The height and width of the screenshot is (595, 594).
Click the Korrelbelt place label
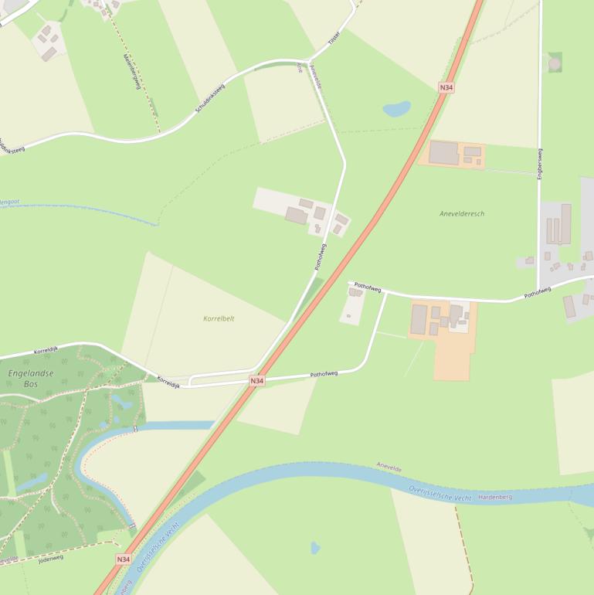[219, 318]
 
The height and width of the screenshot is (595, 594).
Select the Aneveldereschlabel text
[462, 213]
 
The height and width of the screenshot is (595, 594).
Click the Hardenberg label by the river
[495, 497]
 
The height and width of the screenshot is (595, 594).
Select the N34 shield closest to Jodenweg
[124, 559]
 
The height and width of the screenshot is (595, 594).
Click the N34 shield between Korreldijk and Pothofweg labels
[257, 381]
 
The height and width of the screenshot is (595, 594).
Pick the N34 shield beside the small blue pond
[446, 87]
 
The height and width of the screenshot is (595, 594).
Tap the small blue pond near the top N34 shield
[397, 109]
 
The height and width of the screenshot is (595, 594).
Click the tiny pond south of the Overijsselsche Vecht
[315, 548]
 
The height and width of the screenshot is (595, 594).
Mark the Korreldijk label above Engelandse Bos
[47, 351]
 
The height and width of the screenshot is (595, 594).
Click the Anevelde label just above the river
[389, 467]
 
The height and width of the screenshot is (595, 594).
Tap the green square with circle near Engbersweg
[555, 63]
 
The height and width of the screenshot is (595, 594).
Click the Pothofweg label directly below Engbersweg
[538, 292]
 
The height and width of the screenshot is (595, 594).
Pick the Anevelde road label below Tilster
[315, 76]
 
